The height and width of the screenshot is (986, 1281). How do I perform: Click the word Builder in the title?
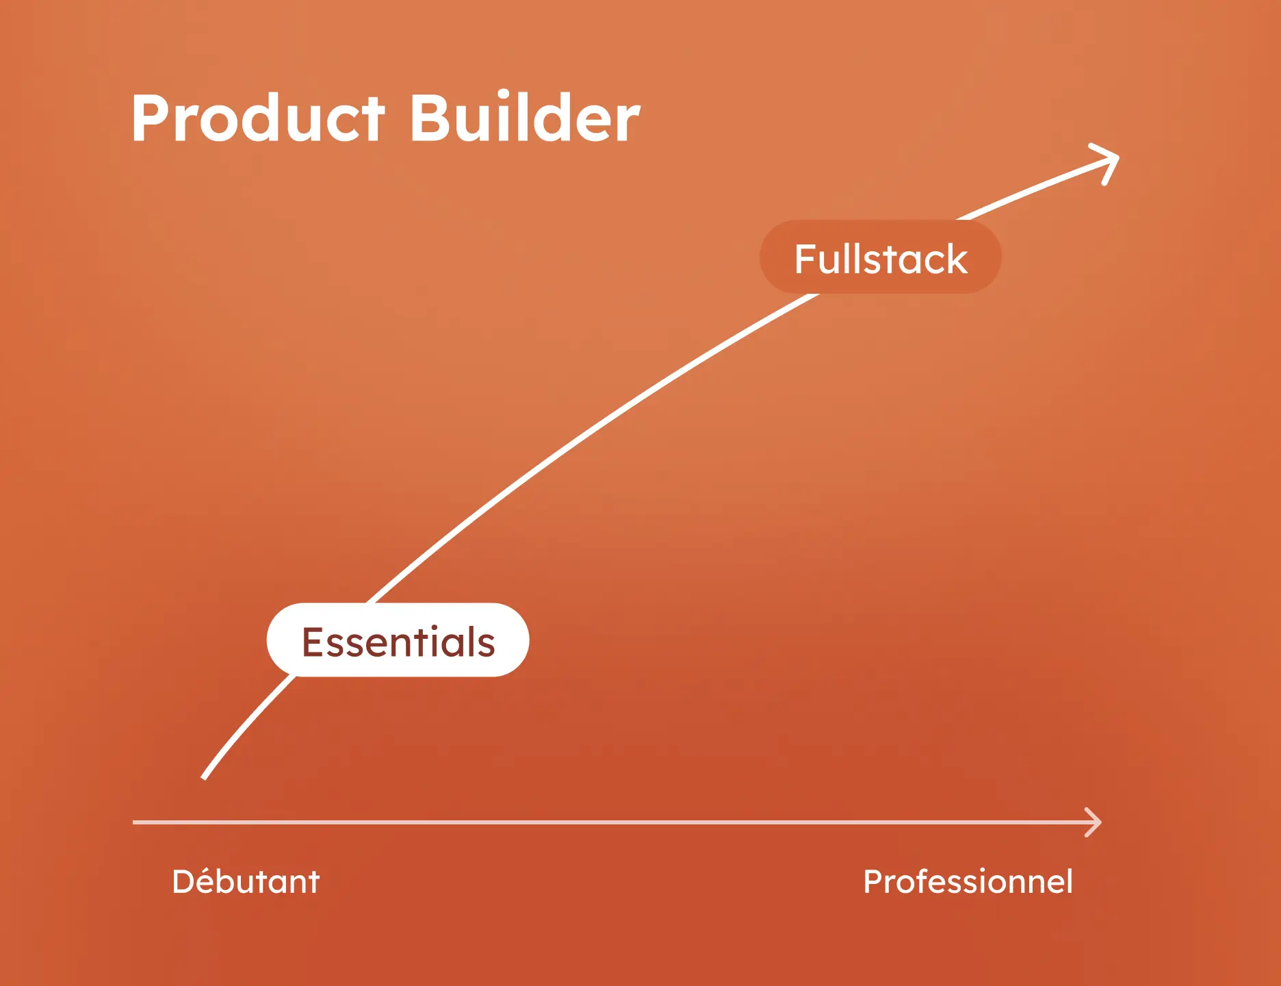524,118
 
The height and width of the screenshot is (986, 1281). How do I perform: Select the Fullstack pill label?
880,258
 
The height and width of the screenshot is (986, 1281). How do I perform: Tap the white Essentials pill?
398,641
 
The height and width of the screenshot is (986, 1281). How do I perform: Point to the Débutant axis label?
246,881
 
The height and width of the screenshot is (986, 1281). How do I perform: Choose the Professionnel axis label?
968,881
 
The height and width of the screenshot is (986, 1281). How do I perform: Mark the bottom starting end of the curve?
205,776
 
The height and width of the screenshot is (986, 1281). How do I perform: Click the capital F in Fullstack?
805,259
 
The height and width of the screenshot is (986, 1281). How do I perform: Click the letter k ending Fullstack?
957,259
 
